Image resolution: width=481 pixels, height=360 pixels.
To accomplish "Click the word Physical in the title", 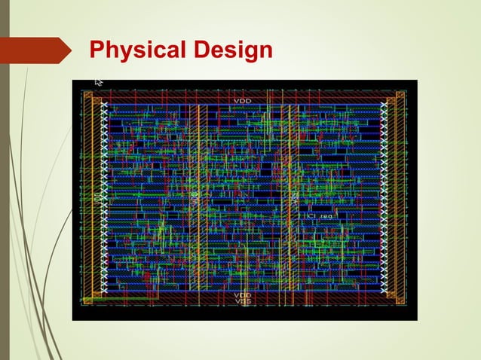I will pos(136,51).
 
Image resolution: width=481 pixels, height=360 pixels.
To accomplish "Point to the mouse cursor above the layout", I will pos(98,82).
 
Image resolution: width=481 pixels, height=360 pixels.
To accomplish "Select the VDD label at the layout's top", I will pos(243,100).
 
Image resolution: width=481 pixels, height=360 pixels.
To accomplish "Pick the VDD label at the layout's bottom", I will pos(243,294).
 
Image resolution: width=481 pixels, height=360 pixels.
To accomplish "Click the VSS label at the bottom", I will pos(243,301).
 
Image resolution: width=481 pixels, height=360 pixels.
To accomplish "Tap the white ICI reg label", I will pos(319,216).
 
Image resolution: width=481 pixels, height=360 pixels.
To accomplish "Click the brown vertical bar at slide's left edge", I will pos(4,181).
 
